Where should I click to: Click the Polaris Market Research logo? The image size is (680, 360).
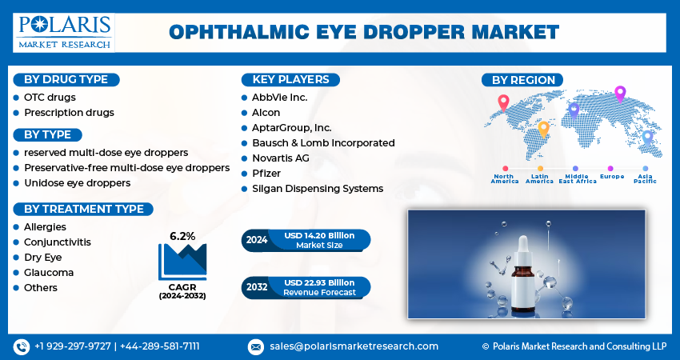[63, 32]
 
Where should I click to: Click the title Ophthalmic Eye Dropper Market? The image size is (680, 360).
[363, 32]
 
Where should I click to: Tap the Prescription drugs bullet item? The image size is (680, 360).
[69, 113]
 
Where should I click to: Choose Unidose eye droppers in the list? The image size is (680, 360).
[77, 183]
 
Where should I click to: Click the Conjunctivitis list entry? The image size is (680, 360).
[57, 242]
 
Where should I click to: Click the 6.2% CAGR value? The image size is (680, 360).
[182, 236]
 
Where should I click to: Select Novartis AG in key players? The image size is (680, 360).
[280, 158]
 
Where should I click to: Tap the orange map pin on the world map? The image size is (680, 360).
[543, 128]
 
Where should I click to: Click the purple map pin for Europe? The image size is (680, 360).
[619, 94]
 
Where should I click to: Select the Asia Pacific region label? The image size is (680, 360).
[645, 178]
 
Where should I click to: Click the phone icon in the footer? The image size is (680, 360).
[21, 346]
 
